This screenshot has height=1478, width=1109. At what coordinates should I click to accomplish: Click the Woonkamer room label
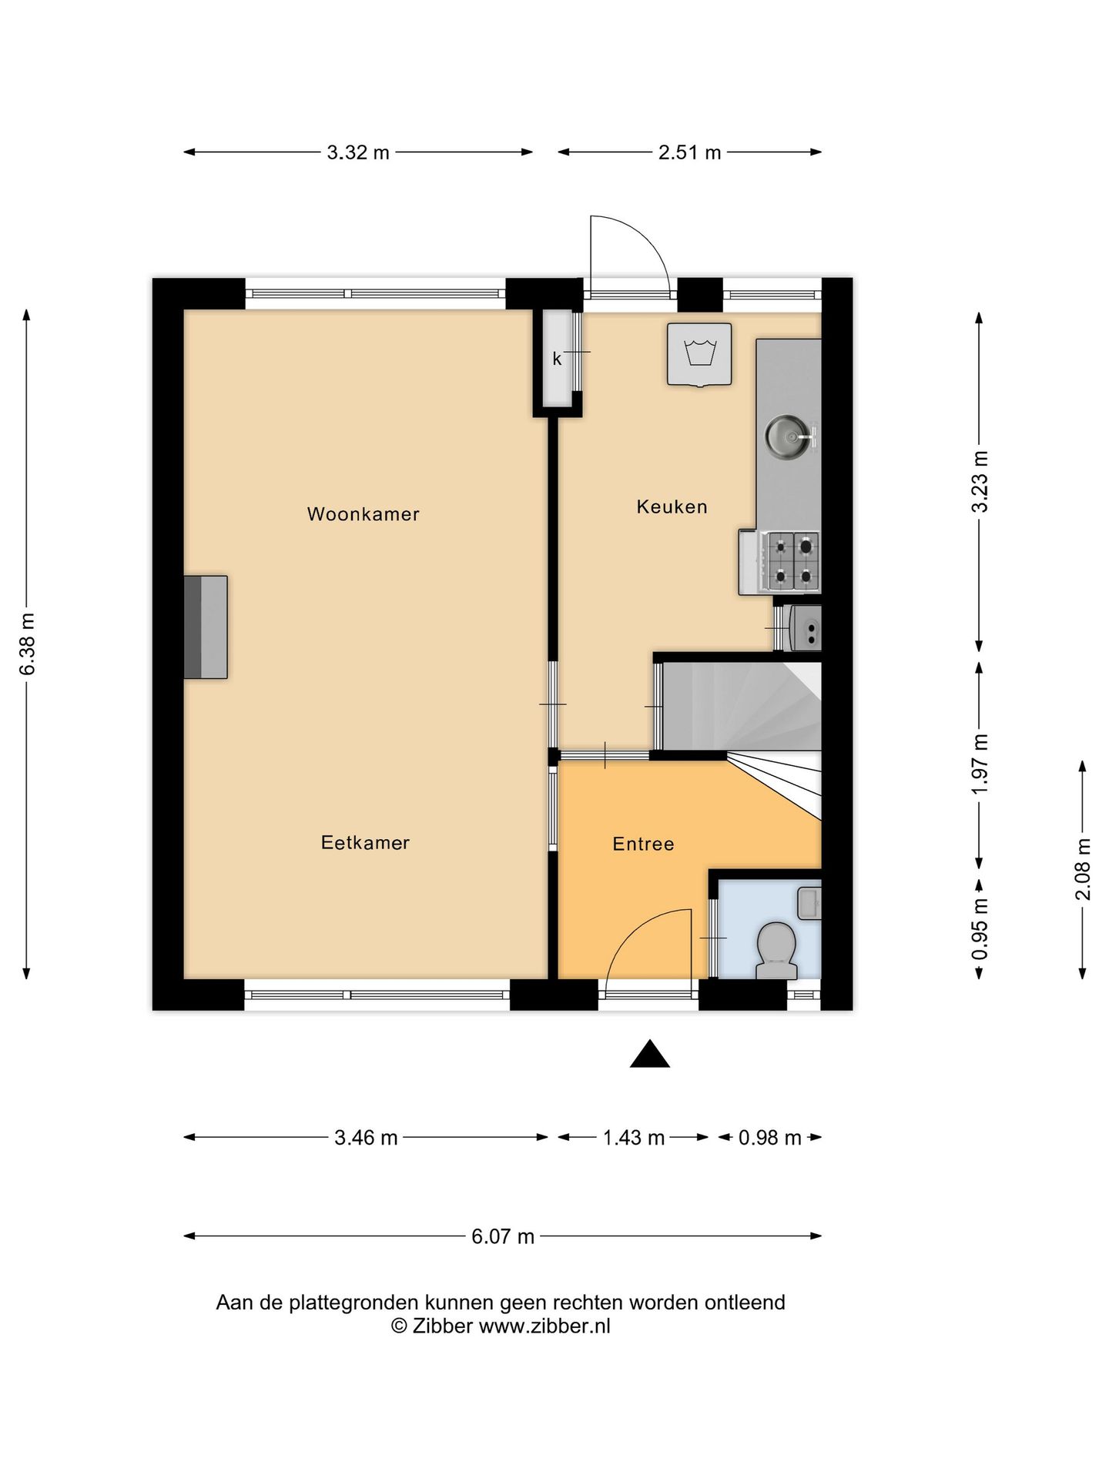pos(363,514)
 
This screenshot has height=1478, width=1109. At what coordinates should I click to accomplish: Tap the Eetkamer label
pos(365,843)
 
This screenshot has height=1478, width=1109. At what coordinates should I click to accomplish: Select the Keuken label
pos(672,507)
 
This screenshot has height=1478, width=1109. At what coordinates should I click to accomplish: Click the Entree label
pos(643,844)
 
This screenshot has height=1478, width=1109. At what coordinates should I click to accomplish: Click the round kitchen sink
pos(786,436)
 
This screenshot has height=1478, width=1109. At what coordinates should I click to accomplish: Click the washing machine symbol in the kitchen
pos(699,353)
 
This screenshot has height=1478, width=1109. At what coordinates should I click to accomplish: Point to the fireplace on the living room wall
pos(206,627)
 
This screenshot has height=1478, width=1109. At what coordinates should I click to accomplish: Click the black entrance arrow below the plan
pos(649,1055)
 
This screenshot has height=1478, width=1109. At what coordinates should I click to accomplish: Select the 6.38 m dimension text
pos(28,644)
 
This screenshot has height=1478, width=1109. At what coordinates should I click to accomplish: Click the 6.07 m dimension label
pos(503,1237)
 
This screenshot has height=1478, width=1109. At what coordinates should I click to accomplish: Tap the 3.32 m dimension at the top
pos(358,152)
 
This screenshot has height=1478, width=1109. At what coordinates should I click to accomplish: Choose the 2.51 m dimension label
pos(689,152)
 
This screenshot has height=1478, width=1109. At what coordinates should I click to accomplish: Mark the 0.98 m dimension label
pos(769,1138)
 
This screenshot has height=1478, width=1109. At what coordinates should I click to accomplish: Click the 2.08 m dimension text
pos(1084,869)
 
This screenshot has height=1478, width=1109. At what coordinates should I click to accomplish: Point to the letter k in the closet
pos(557,359)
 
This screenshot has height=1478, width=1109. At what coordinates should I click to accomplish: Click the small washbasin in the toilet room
pos(809,902)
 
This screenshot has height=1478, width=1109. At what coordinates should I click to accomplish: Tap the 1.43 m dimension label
pos(633,1138)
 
